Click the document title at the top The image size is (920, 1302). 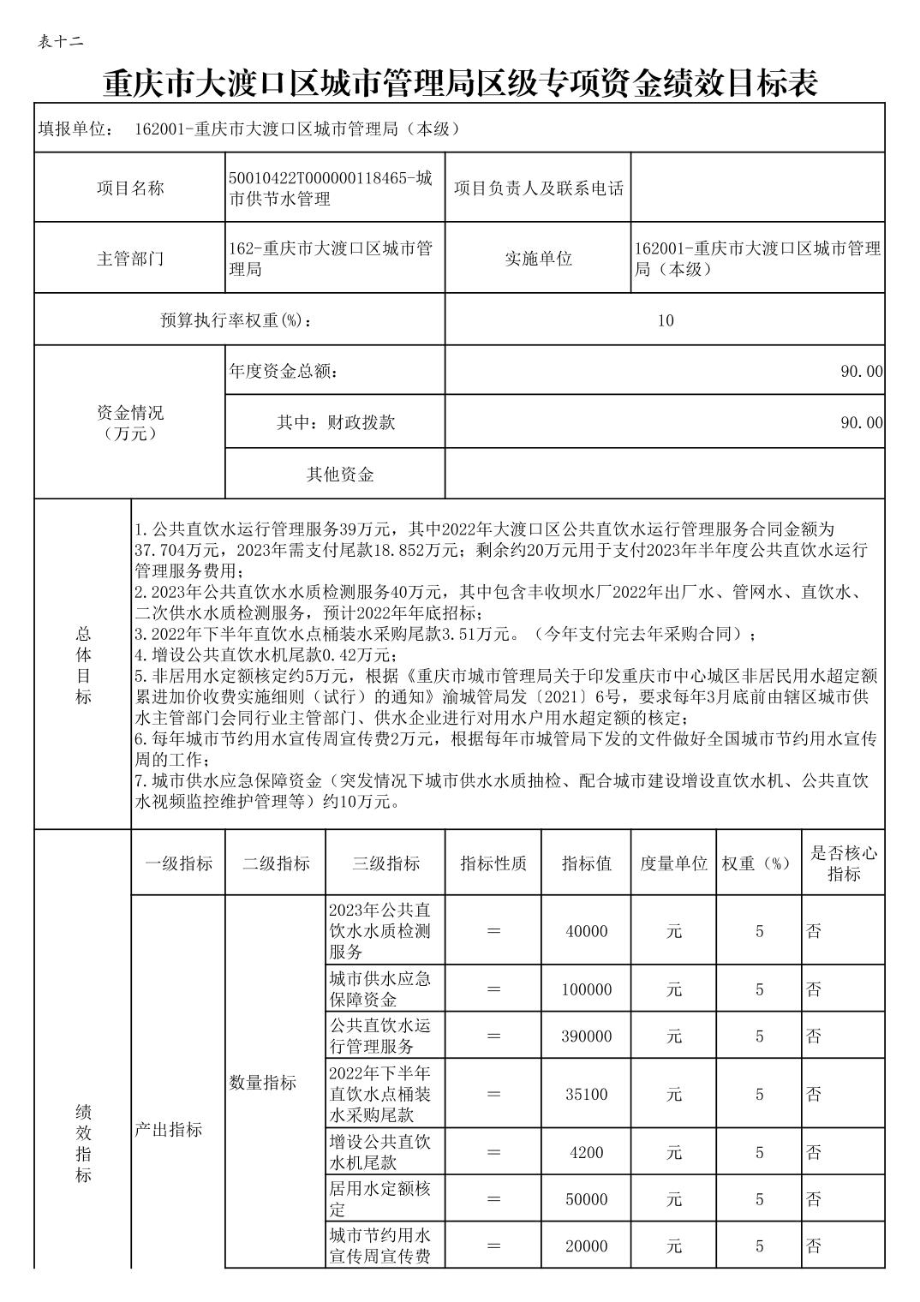pyautogui.click(x=460, y=83)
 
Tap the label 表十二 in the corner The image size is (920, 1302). pyautogui.click(x=61, y=42)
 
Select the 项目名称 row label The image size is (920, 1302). pyautogui.click(x=129, y=188)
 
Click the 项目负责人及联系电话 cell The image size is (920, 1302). pyautogui.click(x=538, y=188)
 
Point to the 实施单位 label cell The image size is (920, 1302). pyautogui.click(x=538, y=259)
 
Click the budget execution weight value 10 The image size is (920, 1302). pyautogui.click(x=666, y=320)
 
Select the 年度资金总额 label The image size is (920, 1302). pyautogui.click(x=284, y=372)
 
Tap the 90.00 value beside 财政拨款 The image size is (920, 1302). pyautogui.click(x=861, y=422)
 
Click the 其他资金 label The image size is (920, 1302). pyautogui.click(x=340, y=474)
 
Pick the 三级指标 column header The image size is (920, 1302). pyautogui.click(x=385, y=863)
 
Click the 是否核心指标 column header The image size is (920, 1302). pyautogui.click(x=844, y=863)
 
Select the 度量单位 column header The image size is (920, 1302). pyautogui.click(x=674, y=863)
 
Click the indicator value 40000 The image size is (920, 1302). pyautogui.click(x=587, y=931)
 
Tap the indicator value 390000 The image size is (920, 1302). pyautogui.click(x=587, y=1036)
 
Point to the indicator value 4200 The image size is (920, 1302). pyautogui.click(x=587, y=1152)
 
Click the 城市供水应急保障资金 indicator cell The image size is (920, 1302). pyautogui.click(x=380, y=989)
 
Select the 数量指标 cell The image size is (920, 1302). pyautogui.click(x=263, y=1083)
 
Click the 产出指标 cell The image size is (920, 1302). pyautogui.click(x=168, y=1130)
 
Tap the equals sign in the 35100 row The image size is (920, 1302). pyautogui.click(x=493, y=1094)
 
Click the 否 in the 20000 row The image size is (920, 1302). pyautogui.click(x=814, y=1246)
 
